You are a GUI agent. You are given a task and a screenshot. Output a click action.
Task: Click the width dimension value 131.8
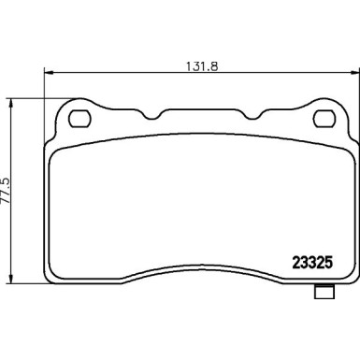click(x=193, y=66)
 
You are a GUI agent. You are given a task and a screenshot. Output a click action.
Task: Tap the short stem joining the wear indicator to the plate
click(x=324, y=282)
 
